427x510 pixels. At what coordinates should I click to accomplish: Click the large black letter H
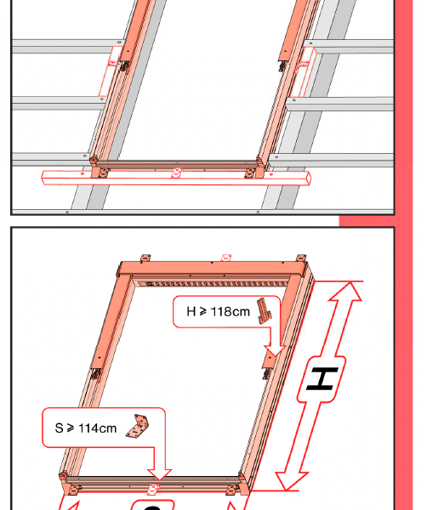(x=322, y=379)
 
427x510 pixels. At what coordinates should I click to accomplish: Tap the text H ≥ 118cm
(x=218, y=312)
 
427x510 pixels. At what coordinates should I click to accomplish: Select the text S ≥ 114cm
(x=86, y=428)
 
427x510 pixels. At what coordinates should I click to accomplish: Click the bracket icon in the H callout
(x=265, y=310)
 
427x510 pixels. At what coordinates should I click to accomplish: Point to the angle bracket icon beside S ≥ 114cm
(x=137, y=426)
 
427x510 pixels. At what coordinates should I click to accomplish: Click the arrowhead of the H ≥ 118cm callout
(x=275, y=351)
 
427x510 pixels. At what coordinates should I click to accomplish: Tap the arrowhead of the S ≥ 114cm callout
(x=159, y=474)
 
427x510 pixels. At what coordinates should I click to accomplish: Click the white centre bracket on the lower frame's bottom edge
(x=153, y=489)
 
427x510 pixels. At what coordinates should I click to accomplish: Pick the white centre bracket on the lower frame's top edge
(x=226, y=258)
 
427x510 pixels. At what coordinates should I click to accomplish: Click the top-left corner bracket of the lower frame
(x=145, y=258)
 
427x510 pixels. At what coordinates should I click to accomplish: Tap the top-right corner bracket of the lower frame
(x=301, y=258)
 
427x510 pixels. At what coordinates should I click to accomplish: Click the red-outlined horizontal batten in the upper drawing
(x=176, y=178)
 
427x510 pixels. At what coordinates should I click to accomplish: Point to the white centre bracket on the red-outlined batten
(x=177, y=173)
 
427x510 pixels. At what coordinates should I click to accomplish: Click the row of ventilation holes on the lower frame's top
(x=212, y=284)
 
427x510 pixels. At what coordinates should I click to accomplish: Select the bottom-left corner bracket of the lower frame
(x=74, y=490)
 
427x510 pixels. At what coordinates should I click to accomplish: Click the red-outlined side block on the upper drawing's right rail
(x=304, y=72)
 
